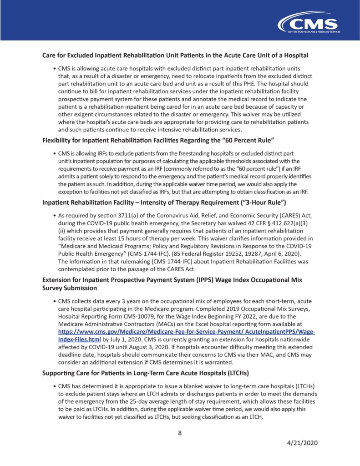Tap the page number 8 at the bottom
(180, 433)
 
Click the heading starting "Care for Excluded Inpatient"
(175, 56)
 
